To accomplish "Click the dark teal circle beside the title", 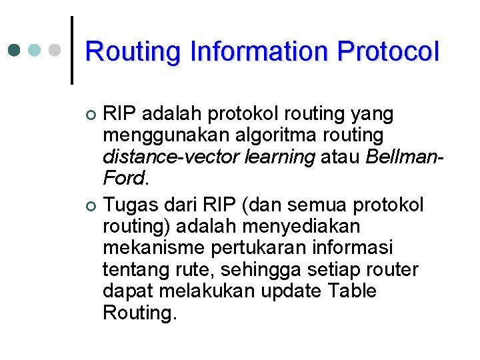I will pos(14,51).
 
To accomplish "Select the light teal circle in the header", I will pos(35,51).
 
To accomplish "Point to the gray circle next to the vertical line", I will pos(55,51).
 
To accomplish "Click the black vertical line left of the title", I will pos(71,50).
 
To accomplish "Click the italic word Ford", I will pos(123,179).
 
